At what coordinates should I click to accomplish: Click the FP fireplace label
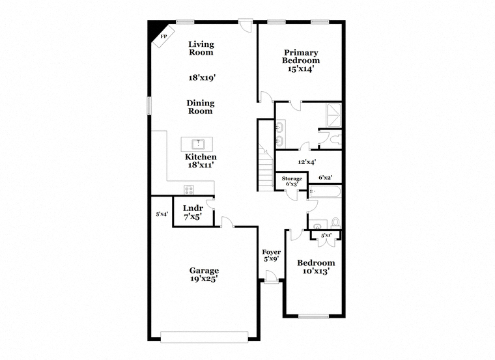click(163, 36)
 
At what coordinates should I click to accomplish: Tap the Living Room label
click(201, 48)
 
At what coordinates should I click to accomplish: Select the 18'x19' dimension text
click(202, 77)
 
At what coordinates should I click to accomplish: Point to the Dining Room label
click(201, 107)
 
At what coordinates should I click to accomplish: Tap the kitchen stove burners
click(189, 190)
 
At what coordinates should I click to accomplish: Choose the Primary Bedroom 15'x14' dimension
click(301, 69)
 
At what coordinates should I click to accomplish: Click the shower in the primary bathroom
click(333, 115)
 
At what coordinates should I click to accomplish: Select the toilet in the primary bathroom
click(335, 139)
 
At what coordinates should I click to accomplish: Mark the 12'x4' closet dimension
click(307, 162)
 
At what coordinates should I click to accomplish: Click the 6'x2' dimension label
click(325, 178)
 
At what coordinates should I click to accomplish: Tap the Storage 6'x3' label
click(292, 181)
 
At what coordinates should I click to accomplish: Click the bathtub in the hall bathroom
click(325, 191)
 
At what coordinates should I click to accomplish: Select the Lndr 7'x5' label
click(193, 212)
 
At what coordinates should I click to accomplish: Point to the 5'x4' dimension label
click(162, 214)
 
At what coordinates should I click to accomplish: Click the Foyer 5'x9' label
click(272, 256)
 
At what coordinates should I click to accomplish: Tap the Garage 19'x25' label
click(205, 275)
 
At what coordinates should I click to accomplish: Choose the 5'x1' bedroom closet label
click(326, 235)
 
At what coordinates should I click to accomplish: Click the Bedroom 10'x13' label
click(316, 267)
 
